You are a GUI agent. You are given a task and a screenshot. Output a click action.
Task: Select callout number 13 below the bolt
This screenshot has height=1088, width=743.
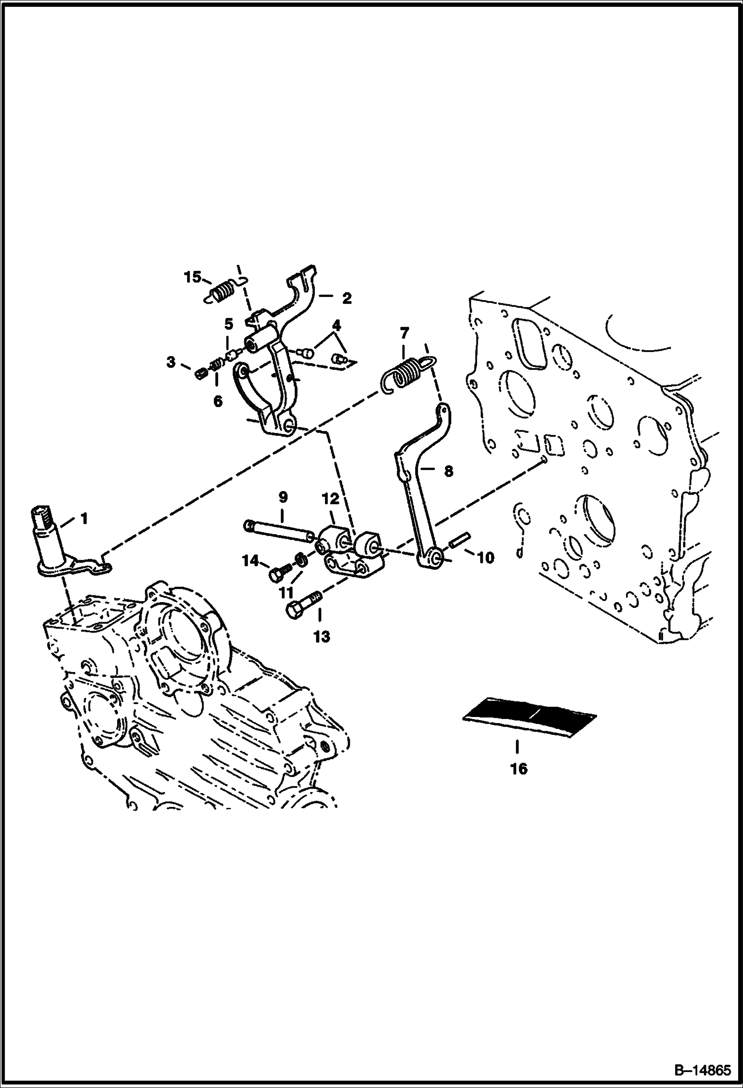click(321, 636)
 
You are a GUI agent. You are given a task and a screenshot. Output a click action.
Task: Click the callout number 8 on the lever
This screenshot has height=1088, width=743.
click(448, 471)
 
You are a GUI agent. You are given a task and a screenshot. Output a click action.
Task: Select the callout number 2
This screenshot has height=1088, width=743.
click(346, 298)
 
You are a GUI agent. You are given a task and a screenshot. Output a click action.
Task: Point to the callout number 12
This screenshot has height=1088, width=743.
click(331, 499)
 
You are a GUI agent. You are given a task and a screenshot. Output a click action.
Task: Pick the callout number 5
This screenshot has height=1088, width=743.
click(228, 325)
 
